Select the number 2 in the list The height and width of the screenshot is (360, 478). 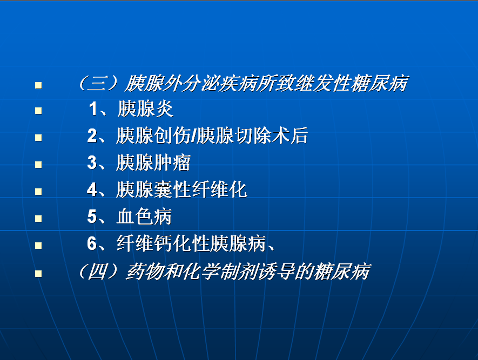(x=92, y=135)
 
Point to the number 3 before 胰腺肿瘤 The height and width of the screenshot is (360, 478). (x=92, y=162)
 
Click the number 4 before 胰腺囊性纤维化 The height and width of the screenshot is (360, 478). (x=92, y=189)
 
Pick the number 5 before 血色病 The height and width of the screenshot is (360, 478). (x=92, y=216)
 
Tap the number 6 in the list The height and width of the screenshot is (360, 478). (x=92, y=243)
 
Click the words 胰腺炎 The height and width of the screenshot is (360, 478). (x=145, y=108)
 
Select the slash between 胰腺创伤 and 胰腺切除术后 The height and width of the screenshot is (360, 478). (x=193, y=136)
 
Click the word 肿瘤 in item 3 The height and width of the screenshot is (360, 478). (x=172, y=162)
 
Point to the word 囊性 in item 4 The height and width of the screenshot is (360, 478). (x=172, y=189)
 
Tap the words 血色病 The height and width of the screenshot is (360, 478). (x=144, y=216)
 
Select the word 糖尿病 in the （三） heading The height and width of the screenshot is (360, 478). (x=380, y=83)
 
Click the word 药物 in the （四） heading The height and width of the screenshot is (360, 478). (x=144, y=271)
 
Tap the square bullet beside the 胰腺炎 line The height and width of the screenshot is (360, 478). (x=38, y=111)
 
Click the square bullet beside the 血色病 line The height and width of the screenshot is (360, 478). (x=38, y=219)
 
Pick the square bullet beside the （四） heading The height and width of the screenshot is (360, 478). (x=38, y=273)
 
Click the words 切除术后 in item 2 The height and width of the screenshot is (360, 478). (x=271, y=136)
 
